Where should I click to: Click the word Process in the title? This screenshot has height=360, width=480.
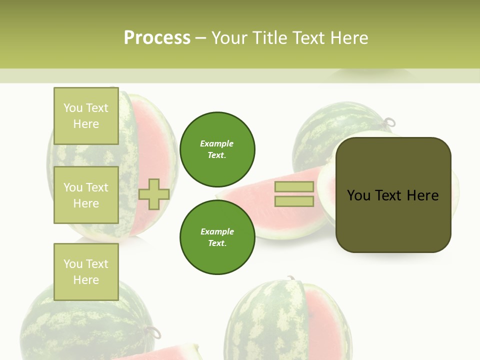tap(157, 37)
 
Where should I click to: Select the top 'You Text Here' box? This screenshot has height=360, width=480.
tap(86, 116)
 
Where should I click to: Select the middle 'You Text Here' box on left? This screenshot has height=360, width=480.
tap(86, 195)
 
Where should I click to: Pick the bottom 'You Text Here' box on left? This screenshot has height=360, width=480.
tap(86, 271)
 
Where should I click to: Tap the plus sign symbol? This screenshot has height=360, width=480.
tap(154, 194)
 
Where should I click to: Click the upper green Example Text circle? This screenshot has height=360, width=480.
tap(217, 149)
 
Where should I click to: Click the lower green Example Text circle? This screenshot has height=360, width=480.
tap(217, 237)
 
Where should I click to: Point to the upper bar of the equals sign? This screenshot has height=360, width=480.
tap(294, 186)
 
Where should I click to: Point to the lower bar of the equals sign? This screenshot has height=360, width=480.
tap(294, 201)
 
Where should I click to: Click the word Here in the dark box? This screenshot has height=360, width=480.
tap(422, 195)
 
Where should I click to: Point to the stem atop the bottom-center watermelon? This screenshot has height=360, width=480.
tap(290, 278)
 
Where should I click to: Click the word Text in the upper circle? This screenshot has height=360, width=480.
tap(216, 155)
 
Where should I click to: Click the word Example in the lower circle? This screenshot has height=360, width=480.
tap(217, 231)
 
